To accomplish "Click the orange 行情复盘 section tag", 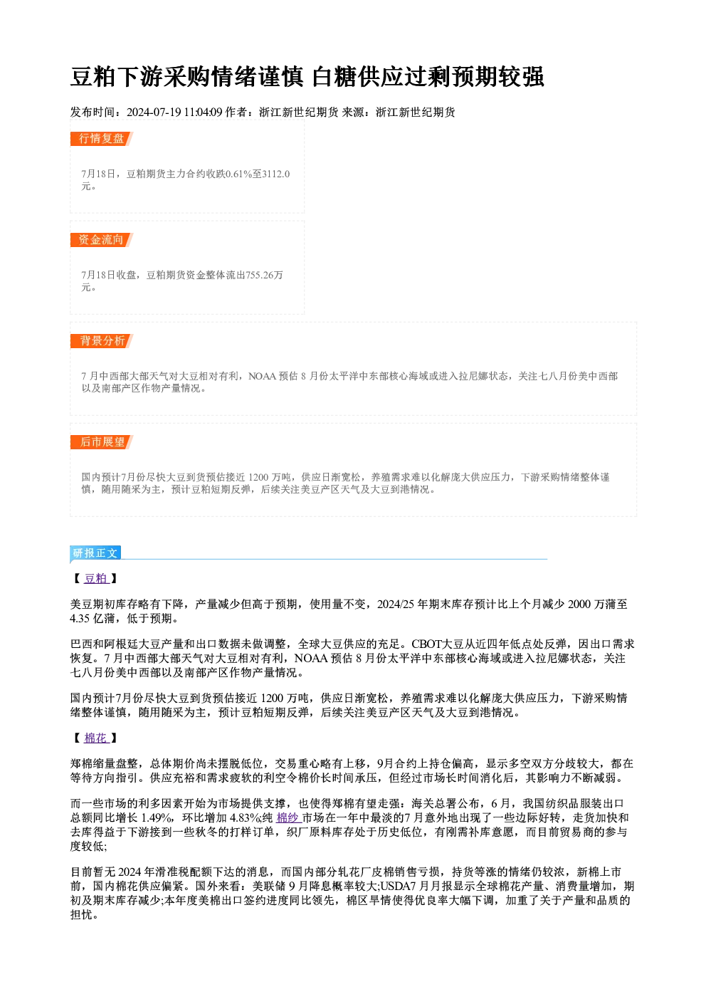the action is pyautogui.click(x=102, y=139).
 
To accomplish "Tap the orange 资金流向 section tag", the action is pyautogui.click(x=102, y=240).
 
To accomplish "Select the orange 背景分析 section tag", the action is pyautogui.click(x=102, y=341).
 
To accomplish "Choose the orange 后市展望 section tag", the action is pyautogui.click(x=102, y=442).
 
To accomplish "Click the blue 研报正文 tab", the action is pyautogui.click(x=95, y=553).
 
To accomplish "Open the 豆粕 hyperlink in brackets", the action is pyautogui.click(x=96, y=579).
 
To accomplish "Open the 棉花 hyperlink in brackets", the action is pyautogui.click(x=96, y=738).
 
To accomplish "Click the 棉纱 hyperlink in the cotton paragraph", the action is pyautogui.click(x=288, y=818).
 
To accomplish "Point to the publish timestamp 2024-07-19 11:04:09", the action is pyautogui.click(x=174, y=113).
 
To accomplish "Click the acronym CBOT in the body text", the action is pyautogui.click(x=426, y=644).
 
